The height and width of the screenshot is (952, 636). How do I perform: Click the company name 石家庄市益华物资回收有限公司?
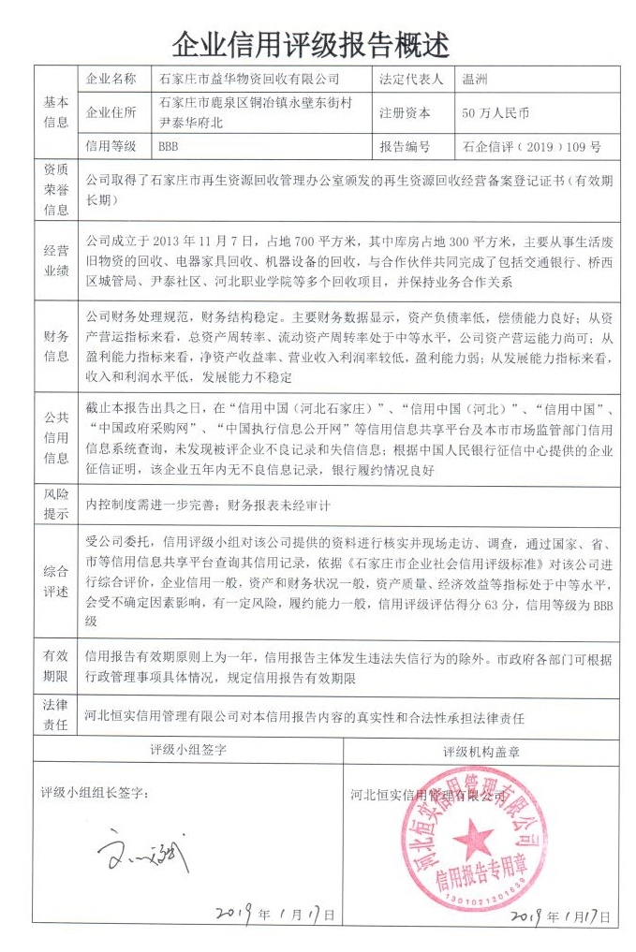point(250,80)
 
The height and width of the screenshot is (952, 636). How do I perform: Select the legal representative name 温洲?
point(476,80)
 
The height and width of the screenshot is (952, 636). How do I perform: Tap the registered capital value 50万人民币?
point(495,113)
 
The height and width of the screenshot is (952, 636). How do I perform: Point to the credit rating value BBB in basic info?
point(169,147)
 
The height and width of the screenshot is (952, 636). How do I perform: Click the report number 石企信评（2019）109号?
point(531,147)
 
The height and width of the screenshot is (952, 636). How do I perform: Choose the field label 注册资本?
point(405,113)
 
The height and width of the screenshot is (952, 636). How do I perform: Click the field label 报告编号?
point(405,147)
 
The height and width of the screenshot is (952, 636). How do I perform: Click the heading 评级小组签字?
point(187,750)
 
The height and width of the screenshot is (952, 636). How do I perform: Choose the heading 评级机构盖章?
point(481,751)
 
